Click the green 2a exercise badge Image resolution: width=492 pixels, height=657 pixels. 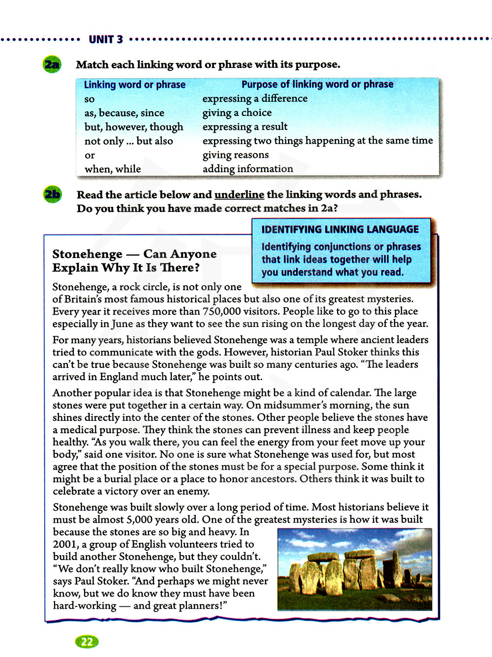pos(52,64)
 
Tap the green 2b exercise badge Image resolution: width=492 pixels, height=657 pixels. pos(52,195)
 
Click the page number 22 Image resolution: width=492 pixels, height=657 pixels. pos(87,641)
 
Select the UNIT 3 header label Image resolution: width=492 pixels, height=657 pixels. pos(106,39)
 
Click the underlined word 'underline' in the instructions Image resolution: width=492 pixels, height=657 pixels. pos(239,195)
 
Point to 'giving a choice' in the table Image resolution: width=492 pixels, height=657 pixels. pos(237,113)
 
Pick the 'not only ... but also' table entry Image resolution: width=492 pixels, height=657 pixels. pos(128,141)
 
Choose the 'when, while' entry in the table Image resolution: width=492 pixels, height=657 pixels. pos(113,169)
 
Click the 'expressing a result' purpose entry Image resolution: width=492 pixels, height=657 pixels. pos(245,127)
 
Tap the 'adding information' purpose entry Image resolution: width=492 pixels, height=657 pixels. pos(247,169)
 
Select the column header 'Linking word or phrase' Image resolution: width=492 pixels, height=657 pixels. pos(134,85)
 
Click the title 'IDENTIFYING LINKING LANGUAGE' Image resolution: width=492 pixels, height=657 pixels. pos(340,230)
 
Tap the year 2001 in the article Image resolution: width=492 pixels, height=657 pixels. pos(65,544)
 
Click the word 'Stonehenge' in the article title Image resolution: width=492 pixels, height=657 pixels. pos(87,254)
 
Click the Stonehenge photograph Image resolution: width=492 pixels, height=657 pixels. pos(355,569)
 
